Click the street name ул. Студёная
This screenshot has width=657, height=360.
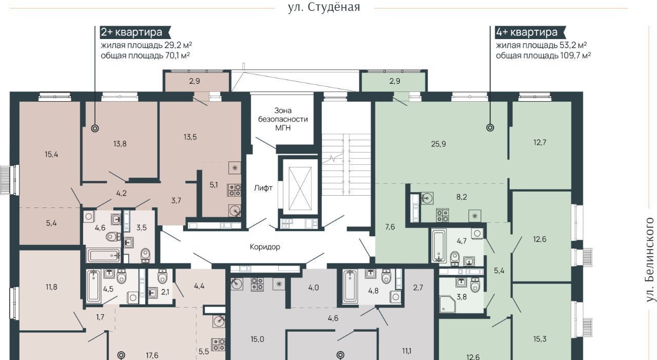(324, 7)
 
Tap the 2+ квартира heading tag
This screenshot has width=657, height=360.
(135, 32)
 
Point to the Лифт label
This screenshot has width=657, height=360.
(263, 188)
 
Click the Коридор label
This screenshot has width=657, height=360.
(265, 247)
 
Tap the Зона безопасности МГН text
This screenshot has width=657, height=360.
(283, 119)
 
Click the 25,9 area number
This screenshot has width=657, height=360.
(438, 144)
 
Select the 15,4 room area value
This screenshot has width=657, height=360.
(51, 155)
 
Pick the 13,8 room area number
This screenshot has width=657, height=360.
(120, 144)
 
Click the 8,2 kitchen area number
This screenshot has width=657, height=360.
(461, 197)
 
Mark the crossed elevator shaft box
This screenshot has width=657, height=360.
(300, 188)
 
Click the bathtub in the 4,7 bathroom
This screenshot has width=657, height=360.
(439, 246)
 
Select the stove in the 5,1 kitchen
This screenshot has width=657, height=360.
(234, 190)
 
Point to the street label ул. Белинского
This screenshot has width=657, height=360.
(650, 260)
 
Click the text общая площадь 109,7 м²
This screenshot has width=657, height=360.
(543, 55)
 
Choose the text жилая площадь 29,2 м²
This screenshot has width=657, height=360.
(146, 45)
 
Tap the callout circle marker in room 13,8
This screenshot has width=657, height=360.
(95, 128)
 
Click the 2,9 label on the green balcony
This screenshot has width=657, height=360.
(395, 81)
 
